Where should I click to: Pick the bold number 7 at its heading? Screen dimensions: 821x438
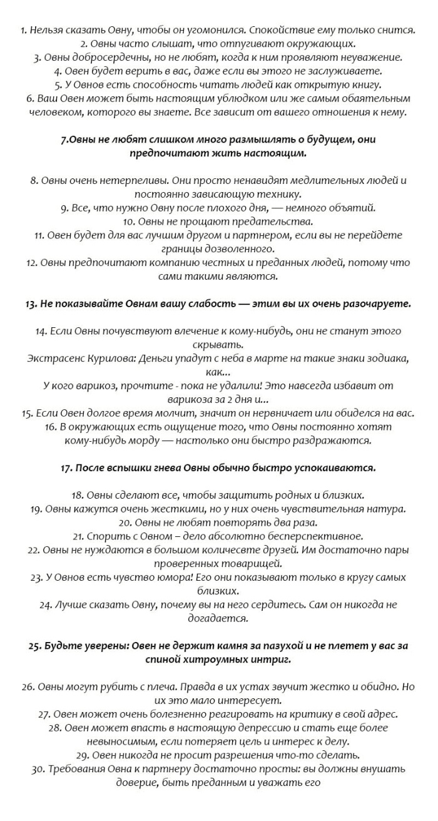click(x=64, y=140)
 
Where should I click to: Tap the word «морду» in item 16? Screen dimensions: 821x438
click(x=153, y=440)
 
